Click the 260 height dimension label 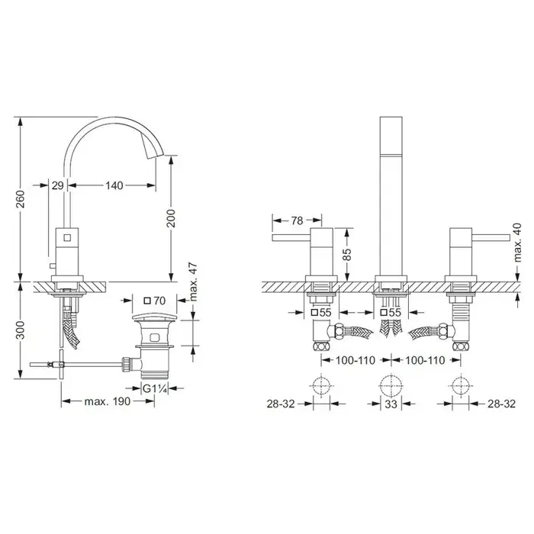[x=21, y=199]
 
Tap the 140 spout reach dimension [x=114, y=185]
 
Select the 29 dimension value [x=57, y=185]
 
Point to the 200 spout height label [x=171, y=218]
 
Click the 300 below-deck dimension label [x=21, y=330]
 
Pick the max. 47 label [x=193, y=281]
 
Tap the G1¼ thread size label [x=155, y=388]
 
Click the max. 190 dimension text [x=108, y=401]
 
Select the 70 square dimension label [x=155, y=301]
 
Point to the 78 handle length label [x=297, y=220]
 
